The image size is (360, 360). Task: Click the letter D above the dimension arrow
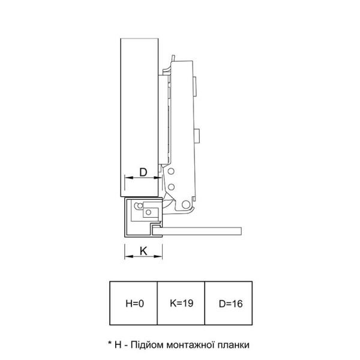coord(143,172)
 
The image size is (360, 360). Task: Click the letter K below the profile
coord(143,251)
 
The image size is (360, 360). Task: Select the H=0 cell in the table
coord(133,303)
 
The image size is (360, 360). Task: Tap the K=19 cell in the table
coord(181,303)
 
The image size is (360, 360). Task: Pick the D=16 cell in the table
coord(229,303)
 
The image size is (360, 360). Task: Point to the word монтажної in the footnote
coord(189,345)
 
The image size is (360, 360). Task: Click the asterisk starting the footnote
coord(110,343)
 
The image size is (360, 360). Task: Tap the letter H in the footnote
coord(118,345)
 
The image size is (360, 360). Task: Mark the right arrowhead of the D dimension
coord(158,178)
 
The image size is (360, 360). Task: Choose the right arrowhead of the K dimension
coord(158,256)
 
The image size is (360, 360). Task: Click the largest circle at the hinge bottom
coord(186,204)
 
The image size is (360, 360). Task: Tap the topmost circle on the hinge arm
coord(171,171)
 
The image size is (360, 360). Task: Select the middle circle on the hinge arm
coord(171,187)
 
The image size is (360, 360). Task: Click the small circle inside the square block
coord(149,212)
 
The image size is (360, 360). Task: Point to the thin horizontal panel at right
coord(197,231)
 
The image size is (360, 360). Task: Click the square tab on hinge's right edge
coord(197,136)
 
